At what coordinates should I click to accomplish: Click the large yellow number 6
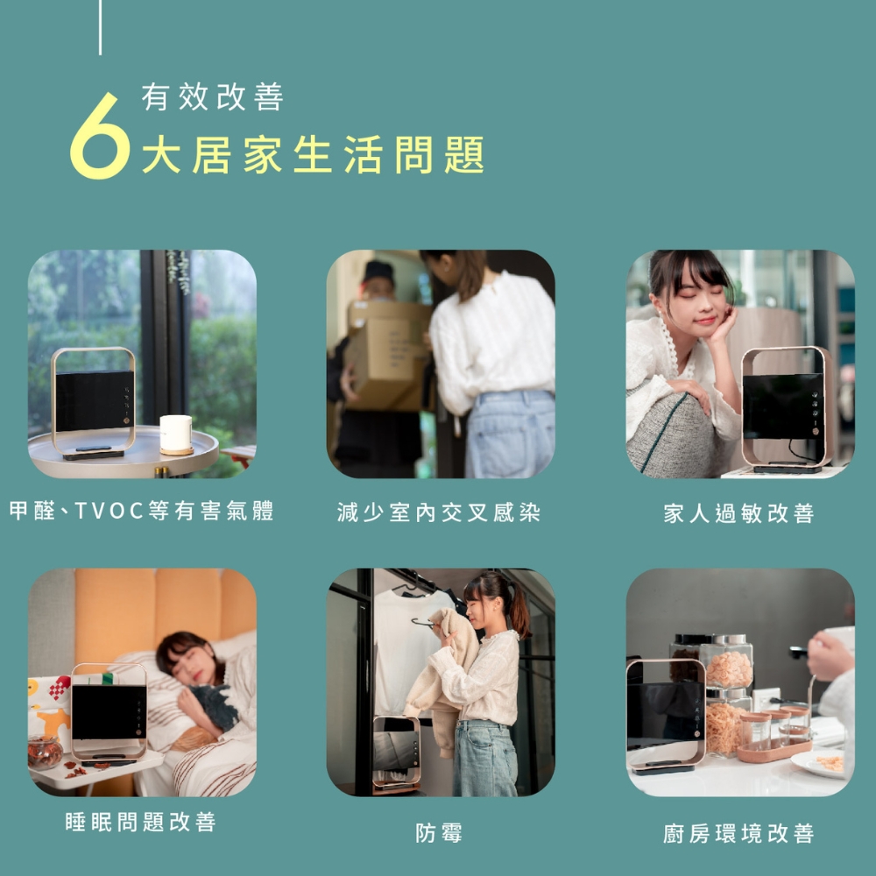(98, 138)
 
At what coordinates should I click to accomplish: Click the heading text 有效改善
(213, 97)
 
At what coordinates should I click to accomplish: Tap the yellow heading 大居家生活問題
(313, 156)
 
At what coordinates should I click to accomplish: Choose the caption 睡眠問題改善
(140, 822)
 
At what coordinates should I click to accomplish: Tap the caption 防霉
(439, 833)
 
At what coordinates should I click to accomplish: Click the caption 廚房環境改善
(738, 833)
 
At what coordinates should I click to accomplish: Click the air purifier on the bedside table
(109, 711)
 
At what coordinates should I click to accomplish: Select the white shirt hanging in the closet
(401, 648)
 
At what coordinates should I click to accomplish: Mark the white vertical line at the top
(100, 26)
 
